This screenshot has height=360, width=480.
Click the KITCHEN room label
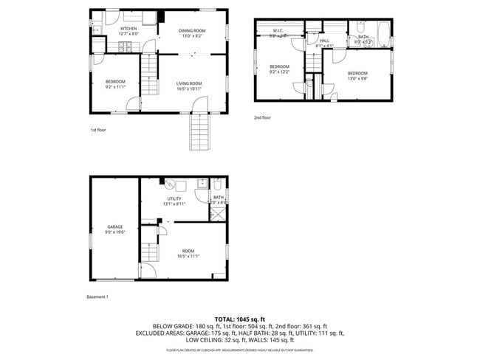(x=129, y=29)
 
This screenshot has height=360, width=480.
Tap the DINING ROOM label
(x=191, y=30)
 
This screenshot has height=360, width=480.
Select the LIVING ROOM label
(x=189, y=83)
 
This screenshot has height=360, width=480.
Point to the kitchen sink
(x=97, y=31)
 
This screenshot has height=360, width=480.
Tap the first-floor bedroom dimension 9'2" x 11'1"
(x=115, y=87)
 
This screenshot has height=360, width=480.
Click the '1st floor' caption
(x=99, y=130)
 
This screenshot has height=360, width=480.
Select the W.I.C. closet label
(x=278, y=30)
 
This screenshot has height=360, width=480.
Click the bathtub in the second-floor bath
(x=384, y=32)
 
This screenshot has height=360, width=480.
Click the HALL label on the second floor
(x=324, y=41)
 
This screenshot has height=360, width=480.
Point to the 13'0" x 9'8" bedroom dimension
(x=358, y=78)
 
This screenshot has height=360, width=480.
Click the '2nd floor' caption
(x=262, y=117)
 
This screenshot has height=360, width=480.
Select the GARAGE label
(x=114, y=226)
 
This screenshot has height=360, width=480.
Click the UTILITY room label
(x=174, y=198)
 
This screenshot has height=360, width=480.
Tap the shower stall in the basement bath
(x=219, y=214)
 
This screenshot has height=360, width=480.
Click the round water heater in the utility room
(x=169, y=184)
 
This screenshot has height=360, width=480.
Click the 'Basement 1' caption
(x=97, y=297)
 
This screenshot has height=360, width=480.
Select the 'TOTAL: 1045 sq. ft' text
(x=239, y=318)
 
